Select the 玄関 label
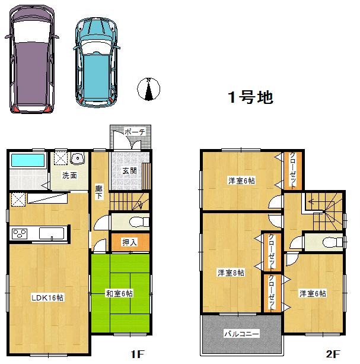129,170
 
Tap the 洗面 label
69,175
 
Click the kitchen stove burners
20,233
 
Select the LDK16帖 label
47,297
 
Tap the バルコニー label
241,334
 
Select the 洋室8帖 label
231,273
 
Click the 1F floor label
138,354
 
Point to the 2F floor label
333,354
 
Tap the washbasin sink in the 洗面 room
77,159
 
